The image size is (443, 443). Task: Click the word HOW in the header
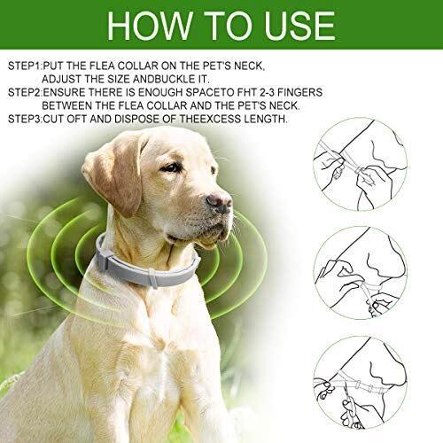(150, 25)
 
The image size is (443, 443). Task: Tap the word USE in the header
(299, 25)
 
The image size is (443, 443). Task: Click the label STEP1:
(25, 66)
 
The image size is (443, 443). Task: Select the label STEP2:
(25, 92)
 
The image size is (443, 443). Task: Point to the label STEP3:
(25, 119)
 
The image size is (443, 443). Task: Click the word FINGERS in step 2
(299, 92)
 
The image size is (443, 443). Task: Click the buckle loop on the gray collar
(153, 278)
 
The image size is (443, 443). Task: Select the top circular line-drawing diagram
(360, 164)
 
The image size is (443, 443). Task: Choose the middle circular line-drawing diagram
(360, 273)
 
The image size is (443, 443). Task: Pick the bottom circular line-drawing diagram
(360, 383)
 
